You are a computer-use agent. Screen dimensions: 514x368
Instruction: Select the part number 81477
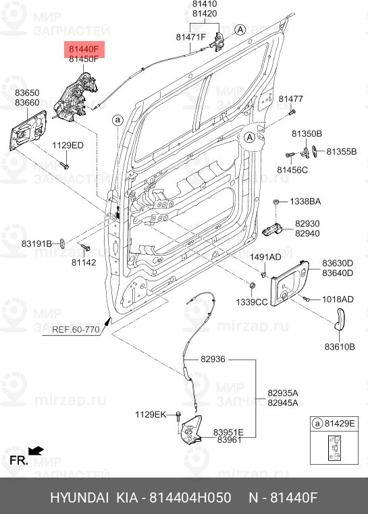(291, 99)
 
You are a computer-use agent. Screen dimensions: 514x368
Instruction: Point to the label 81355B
(341, 151)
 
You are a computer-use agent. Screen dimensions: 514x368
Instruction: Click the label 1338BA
(306, 202)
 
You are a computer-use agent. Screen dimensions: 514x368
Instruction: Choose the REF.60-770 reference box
(76, 330)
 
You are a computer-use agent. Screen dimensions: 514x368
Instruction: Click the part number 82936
(213, 360)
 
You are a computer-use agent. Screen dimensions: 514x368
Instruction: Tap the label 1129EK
(150, 414)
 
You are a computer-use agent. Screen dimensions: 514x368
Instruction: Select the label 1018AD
(337, 299)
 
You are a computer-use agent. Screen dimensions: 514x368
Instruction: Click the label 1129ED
(68, 145)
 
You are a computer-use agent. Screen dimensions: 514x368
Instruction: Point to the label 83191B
(36, 243)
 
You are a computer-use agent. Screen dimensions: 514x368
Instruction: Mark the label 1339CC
(251, 302)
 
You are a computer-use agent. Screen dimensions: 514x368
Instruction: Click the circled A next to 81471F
(240, 29)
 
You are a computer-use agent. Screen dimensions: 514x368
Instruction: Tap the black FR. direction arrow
(36, 449)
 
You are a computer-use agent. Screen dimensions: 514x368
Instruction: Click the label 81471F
(190, 36)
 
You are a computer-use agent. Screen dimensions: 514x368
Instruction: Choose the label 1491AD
(265, 257)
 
